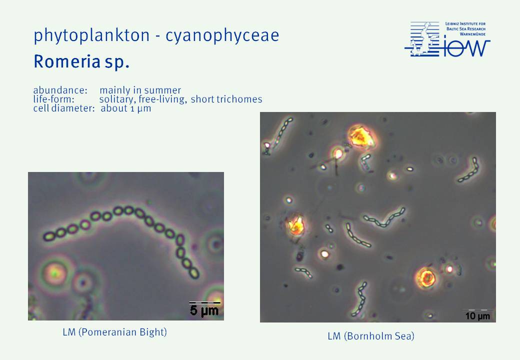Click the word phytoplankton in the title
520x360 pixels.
click(x=91, y=35)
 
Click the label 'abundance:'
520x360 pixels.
click(x=60, y=90)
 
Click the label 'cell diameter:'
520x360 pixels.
click(x=64, y=108)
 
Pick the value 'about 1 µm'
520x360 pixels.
click(x=126, y=108)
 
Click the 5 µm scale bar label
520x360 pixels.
click(x=204, y=311)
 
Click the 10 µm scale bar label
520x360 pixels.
click(x=477, y=316)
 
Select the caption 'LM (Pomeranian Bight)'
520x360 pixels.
click(x=114, y=332)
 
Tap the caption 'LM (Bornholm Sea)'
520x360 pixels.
click(x=371, y=336)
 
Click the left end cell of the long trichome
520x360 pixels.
click(x=49, y=236)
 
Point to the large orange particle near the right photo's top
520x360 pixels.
click(x=361, y=136)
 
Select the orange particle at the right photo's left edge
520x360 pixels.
click(x=296, y=225)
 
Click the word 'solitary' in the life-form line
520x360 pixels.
click(x=117, y=99)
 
